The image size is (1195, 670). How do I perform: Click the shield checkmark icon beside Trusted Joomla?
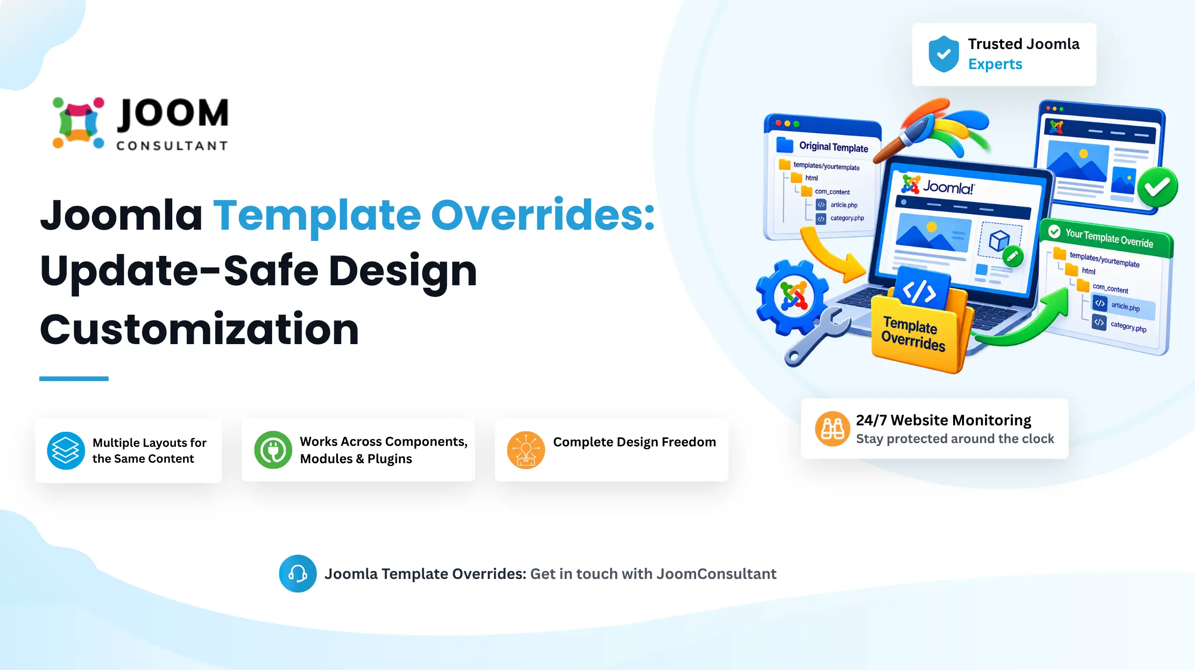coord(943,54)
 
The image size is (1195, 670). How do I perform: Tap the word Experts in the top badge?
coord(995,64)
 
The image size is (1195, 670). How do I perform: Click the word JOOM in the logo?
coord(173,113)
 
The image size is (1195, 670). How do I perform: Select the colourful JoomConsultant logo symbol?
coord(78,123)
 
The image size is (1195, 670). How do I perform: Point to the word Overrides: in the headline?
coord(543,215)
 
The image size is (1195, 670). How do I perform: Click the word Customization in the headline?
coord(199,329)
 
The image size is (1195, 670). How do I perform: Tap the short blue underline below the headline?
coord(74,379)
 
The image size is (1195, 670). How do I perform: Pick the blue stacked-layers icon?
coord(66,451)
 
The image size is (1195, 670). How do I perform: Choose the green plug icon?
coord(273,450)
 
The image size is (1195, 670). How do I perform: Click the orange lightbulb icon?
coord(526,450)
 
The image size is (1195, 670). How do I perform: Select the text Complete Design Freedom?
coord(634,442)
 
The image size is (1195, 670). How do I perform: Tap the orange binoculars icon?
coord(832,429)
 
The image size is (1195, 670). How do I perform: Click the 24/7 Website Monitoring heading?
coord(943,420)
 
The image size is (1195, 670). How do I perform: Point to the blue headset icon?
coord(298,573)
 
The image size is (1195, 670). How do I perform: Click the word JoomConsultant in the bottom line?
coord(717,574)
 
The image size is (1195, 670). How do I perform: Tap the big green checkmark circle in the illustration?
coord(1158,187)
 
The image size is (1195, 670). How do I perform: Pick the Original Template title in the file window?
coord(834,147)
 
